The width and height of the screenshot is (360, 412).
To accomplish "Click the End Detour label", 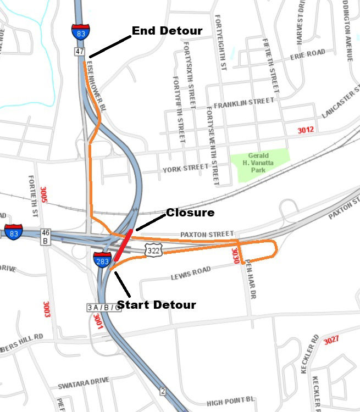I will (x=167, y=31).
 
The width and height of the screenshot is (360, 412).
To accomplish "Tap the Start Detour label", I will (x=157, y=304).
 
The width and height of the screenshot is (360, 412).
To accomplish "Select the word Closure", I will (x=190, y=213).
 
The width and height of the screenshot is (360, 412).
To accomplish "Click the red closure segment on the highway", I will (x=123, y=246).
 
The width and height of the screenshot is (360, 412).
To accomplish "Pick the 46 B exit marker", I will (x=45, y=237).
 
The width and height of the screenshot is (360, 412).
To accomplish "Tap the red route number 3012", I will (x=306, y=130).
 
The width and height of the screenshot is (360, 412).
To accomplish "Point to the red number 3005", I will (x=44, y=196).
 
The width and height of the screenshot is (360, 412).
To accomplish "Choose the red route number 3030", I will (x=235, y=255).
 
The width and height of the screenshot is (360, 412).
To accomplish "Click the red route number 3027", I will (x=331, y=341).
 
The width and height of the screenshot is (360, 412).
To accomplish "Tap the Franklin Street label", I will (x=244, y=103).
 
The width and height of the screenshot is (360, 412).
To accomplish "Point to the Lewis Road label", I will (x=191, y=274).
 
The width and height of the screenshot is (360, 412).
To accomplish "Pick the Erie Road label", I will (x=308, y=55).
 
